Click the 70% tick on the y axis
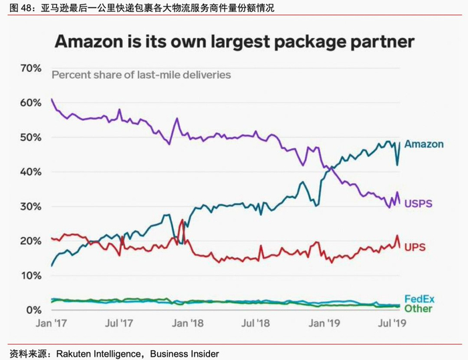click(31, 68)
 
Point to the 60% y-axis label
click(31, 103)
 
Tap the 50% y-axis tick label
click(31, 138)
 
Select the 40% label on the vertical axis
click(31, 172)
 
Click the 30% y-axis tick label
click(31, 206)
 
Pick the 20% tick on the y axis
click(31, 241)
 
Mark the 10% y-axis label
click(31, 276)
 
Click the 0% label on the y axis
click(34, 311)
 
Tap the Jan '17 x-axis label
click(51, 323)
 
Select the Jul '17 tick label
click(120, 323)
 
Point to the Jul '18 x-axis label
click(257, 323)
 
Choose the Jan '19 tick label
click(324, 323)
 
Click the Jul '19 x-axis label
click(393, 323)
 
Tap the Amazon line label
click(424, 144)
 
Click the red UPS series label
click(415, 247)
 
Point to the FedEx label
click(419, 299)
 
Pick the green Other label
click(418, 308)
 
